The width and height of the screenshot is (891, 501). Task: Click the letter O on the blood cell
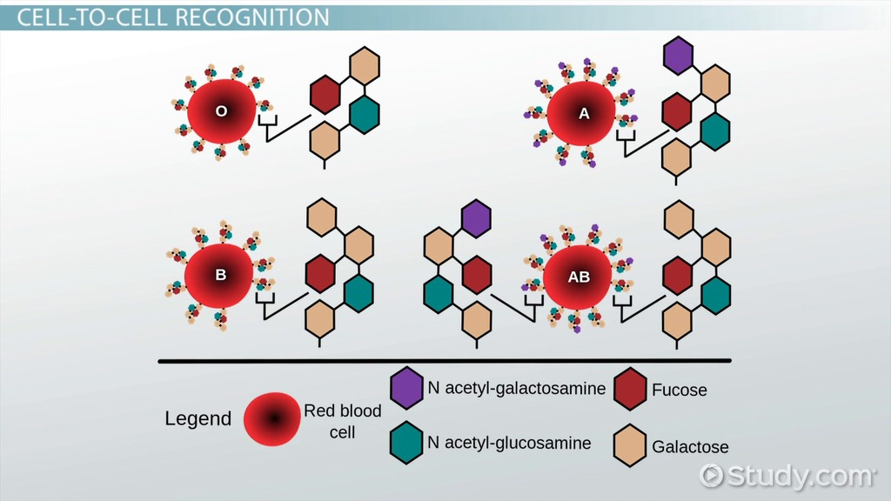(x=221, y=112)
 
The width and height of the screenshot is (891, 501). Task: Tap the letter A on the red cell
(x=584, y=112)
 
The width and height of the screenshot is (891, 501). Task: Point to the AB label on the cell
(x=579, y=277)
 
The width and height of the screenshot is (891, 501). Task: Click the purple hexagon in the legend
(x=406, y=387)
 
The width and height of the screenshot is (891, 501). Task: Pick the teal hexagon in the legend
(x=406, y=442)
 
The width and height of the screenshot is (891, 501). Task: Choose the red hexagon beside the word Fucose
(x=630, y=388)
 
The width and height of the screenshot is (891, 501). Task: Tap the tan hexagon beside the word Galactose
(x=630, y=444)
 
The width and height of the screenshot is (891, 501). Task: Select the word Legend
(x=198, y=419)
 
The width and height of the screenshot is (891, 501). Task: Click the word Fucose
(x=680, y=390)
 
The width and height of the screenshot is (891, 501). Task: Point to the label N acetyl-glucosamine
(x=509, y=443)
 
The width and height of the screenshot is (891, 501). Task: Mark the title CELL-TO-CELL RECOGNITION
(x=168, y=17)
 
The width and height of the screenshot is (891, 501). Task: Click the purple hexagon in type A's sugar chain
(x=677, y=55)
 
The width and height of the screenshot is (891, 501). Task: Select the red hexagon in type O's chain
(x=325, y=94)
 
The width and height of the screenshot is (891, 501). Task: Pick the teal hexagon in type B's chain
(x=358, y=293)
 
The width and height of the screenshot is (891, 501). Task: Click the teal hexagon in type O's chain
(x=365, y=114)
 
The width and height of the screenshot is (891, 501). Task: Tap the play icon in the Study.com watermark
(x=712, y=475)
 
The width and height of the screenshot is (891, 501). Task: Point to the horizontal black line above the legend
(x=444, y=360)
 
